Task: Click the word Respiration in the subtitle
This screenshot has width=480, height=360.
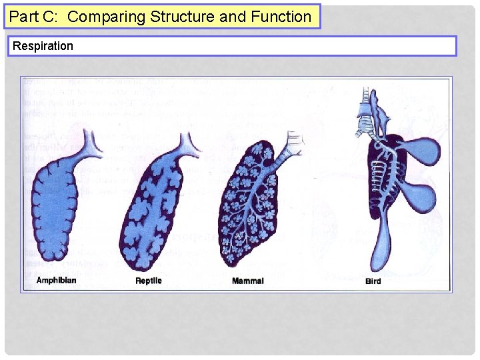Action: pos(43,46)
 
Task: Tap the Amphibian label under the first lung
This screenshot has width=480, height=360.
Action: pos(56,281)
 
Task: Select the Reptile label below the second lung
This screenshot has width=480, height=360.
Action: pos(148,281)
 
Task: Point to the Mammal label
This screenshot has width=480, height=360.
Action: pos(247,281)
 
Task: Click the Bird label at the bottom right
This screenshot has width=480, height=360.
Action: pos(373,281)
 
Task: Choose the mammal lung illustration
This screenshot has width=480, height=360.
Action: pos(253,207)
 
